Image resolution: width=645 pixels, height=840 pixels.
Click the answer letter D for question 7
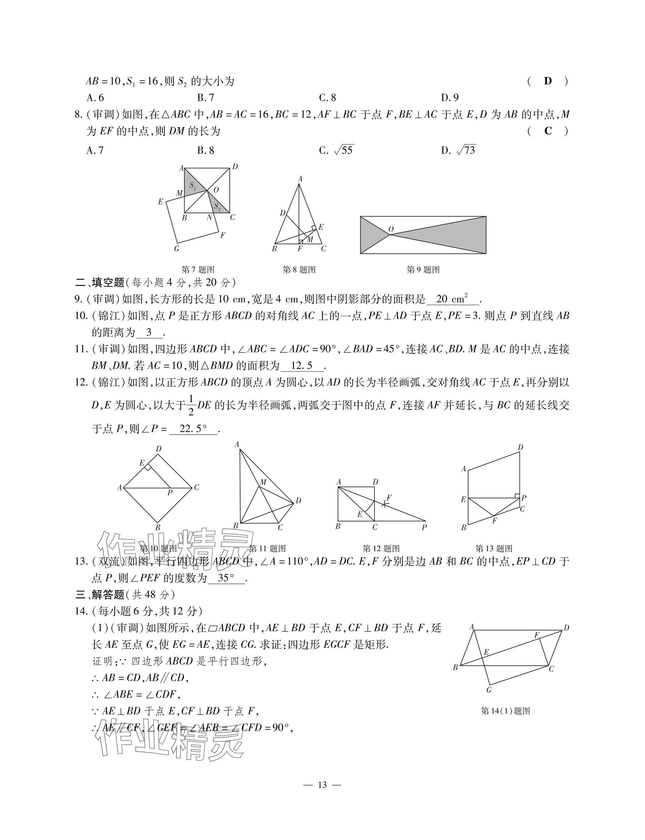tap(548, 81)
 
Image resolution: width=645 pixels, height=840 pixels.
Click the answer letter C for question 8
tap(548, 131)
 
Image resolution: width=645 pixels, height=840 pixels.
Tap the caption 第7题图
tap(198, 270)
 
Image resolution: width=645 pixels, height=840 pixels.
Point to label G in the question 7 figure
tap(177, 249)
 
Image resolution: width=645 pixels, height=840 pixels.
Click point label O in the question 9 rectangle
tap(391, 229)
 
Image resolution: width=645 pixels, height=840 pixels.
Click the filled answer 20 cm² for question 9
tap(452, 299)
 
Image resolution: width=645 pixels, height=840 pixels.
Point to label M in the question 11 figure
tap(263, 482)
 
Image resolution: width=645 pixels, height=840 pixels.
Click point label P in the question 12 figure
tap(424, 528)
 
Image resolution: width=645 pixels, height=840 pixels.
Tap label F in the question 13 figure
tap(494, 520)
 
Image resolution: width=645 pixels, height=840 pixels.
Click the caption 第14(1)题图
tap(505, 711)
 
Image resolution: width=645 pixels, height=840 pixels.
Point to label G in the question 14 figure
tap(489, 690)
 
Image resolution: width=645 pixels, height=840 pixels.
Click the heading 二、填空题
tap(100, 283)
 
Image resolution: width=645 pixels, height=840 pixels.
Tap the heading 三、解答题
tap(100, 595)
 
